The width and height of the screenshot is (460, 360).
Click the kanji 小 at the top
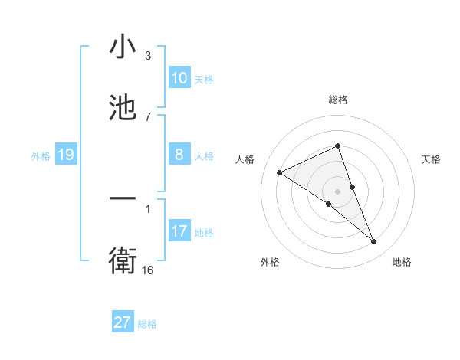pyautogui.click(x=123, y=47)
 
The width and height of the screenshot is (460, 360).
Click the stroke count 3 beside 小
pyautogui.click(x=148, y=56)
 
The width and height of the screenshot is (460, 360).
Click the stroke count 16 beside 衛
pyautogui.click(x=148, y=270)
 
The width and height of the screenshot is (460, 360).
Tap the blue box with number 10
pyautogui.click(x=179, y=78)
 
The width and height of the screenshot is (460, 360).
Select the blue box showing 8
pyautogui.click(x=179, y=155)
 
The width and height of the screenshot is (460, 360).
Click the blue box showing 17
pyautogui.click(x=179, y=232)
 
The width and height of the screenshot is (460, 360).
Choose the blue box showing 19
pyautogui.click(x=66, y=155)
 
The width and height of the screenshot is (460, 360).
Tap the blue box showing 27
pyautogui.click(x=123, y=322)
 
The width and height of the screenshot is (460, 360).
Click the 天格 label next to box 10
pyautogui.click(x=204, y=80)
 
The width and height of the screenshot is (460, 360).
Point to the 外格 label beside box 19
pyautogui.click(x=41, y=156)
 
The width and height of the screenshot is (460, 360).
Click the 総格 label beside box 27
pyautogui.click(x=147, y=324)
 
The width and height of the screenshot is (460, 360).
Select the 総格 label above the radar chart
pyautogui.click(x=337, y=100)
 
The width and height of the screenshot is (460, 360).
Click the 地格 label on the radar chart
pyautogui.click(x=402, y=263)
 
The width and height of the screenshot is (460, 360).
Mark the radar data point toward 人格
pyautogui.click(x=279, y=173)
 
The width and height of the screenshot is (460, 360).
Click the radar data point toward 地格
pyautogui.click(x=374, y=242)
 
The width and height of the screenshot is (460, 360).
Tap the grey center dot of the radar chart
pyautogui.click(x=337, y=191)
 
